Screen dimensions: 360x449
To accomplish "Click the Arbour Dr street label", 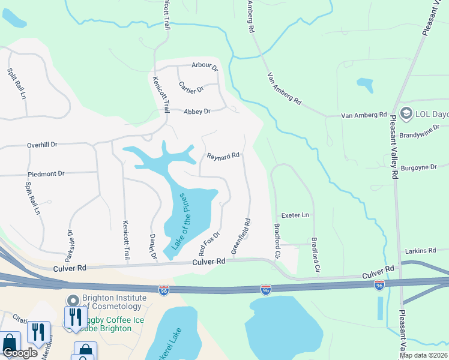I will pyautogui.click(x=205, y=66).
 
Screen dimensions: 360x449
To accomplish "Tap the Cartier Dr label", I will pyautogui.click(x=191, y=86).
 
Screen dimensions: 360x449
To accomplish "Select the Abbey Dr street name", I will pyautogui.click(x=197, y=112).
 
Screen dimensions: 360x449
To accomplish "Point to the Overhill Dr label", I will pyautogui.click(x=42, y=145).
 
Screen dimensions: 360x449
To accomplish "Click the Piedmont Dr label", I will pyautogui.click(x=46, y=173).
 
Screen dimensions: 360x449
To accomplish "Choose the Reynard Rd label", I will pyautogui.click(x=223, y=156).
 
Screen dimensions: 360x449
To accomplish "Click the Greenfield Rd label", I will pyautogui.click(x=241, y=236).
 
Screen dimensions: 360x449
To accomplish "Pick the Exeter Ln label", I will pyautogui.click(x=295, y=215).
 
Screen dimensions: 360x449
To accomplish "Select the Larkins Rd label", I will pyautogui.click(x=420, y=250).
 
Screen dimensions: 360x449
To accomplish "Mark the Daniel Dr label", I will pyautogui.click(x=152, y=247).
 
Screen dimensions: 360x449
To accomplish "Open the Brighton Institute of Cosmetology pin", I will pyautogui.click(x=73, y=300).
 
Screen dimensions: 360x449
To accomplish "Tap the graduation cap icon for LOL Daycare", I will pyautogui.click(x=406, y=113).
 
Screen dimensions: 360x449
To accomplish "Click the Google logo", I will pyautogui.click(x=20, y=353).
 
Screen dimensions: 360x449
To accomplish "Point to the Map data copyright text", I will pyautogui.click(x=424, y=355).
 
